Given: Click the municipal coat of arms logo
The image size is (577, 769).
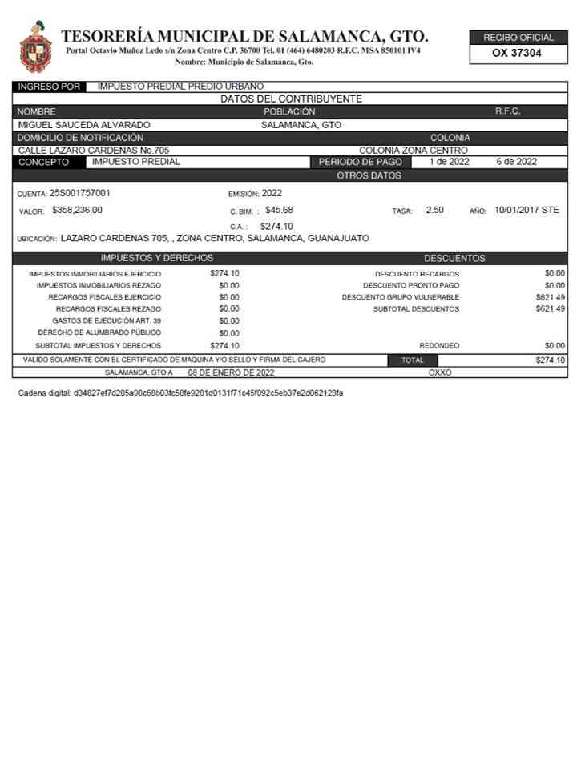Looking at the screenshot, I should click(35, 47).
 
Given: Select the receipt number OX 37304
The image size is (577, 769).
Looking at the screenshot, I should click(518, 54).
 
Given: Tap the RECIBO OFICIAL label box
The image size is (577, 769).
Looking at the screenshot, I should click(518, 38).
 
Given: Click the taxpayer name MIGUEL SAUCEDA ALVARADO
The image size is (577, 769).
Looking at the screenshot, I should click(84, 125).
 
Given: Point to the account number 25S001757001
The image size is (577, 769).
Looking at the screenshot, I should click(80, 193).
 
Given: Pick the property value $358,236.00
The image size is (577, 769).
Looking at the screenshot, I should click(77, 210).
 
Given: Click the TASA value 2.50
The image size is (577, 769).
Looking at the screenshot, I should click(434, 210).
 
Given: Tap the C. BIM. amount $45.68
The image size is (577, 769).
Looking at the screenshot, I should click(279, 210).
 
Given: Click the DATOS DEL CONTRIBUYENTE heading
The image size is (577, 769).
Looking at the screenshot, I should click(291, 99).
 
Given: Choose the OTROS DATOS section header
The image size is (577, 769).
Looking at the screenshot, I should click(369, 175).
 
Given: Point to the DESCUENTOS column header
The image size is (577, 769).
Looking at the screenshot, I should click(454, 258).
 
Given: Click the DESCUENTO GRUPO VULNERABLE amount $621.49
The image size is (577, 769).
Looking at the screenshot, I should click(551, 296).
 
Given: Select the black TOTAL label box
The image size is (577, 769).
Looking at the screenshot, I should click(413, 360).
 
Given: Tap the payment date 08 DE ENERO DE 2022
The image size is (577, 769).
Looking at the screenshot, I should click(231, 372).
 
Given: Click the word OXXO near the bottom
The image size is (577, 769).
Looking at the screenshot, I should click(440, 372).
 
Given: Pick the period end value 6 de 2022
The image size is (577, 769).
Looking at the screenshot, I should click(516, 162).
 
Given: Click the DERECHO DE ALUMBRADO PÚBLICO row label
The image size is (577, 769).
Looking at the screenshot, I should click(99, 332).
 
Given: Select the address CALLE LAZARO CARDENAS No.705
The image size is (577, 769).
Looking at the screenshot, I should click(94, 150).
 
